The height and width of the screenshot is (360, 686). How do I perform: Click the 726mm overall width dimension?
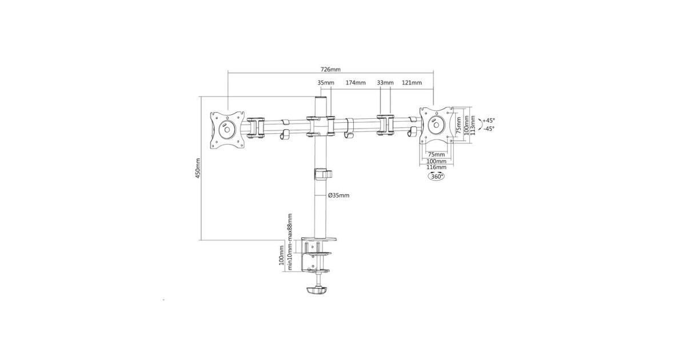point(330,70)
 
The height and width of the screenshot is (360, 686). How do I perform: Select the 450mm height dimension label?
point(198,168)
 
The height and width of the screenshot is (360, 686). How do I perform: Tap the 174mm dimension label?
point(356,83)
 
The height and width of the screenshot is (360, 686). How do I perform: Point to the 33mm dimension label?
point(385,83)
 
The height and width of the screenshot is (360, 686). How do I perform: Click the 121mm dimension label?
point(412,83)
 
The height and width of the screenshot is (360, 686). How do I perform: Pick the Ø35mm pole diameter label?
point(338,195)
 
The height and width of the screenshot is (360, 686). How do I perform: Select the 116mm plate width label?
point(436,167)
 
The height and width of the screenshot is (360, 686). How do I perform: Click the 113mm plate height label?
point(473,125)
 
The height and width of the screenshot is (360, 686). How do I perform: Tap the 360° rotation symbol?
point(436,176)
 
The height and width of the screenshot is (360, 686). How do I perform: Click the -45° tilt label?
point(489,129)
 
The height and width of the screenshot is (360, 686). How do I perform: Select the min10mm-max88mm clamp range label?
point(289,242)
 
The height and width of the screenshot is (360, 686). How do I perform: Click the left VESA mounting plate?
point(228,130)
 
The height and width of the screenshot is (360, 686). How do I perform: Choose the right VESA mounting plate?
point(436,125)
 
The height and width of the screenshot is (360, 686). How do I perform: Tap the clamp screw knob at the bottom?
point(317,290)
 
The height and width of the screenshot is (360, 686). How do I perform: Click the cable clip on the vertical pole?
point(323,174)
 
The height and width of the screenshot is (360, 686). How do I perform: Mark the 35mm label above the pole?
point(326,83)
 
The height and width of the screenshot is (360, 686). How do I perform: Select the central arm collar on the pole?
point(320,126)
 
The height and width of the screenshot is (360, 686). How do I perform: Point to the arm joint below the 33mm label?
point(385,125)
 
